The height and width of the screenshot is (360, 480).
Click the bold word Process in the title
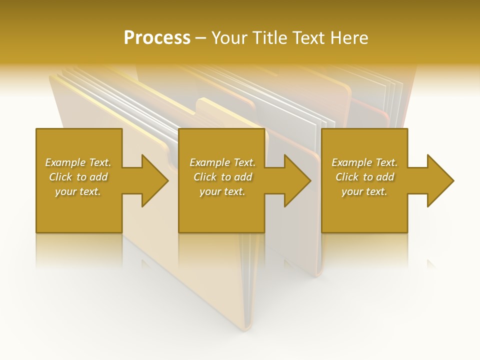pos(157,38)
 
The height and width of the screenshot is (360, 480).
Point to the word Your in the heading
pos(229,38)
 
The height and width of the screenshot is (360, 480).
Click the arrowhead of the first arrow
pos(154,180)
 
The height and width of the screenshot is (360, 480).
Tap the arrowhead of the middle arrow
pos(297,180)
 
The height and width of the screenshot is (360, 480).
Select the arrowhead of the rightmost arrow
pos(439,180)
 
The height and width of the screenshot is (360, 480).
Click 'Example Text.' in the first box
pos(78,162)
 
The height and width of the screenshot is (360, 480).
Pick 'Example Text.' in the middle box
pos(222,162)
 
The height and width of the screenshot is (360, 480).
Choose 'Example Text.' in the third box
pos(364,162)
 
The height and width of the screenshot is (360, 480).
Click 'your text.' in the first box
pos(78,191)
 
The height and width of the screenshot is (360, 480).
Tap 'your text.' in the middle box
pos(222,191)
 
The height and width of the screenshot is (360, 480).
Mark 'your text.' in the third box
pos(364,191)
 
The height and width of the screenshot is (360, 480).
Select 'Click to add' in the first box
pos(78,177)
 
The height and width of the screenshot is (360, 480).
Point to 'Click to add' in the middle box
pos(222,177)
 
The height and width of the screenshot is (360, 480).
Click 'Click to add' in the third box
pos(364,177)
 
